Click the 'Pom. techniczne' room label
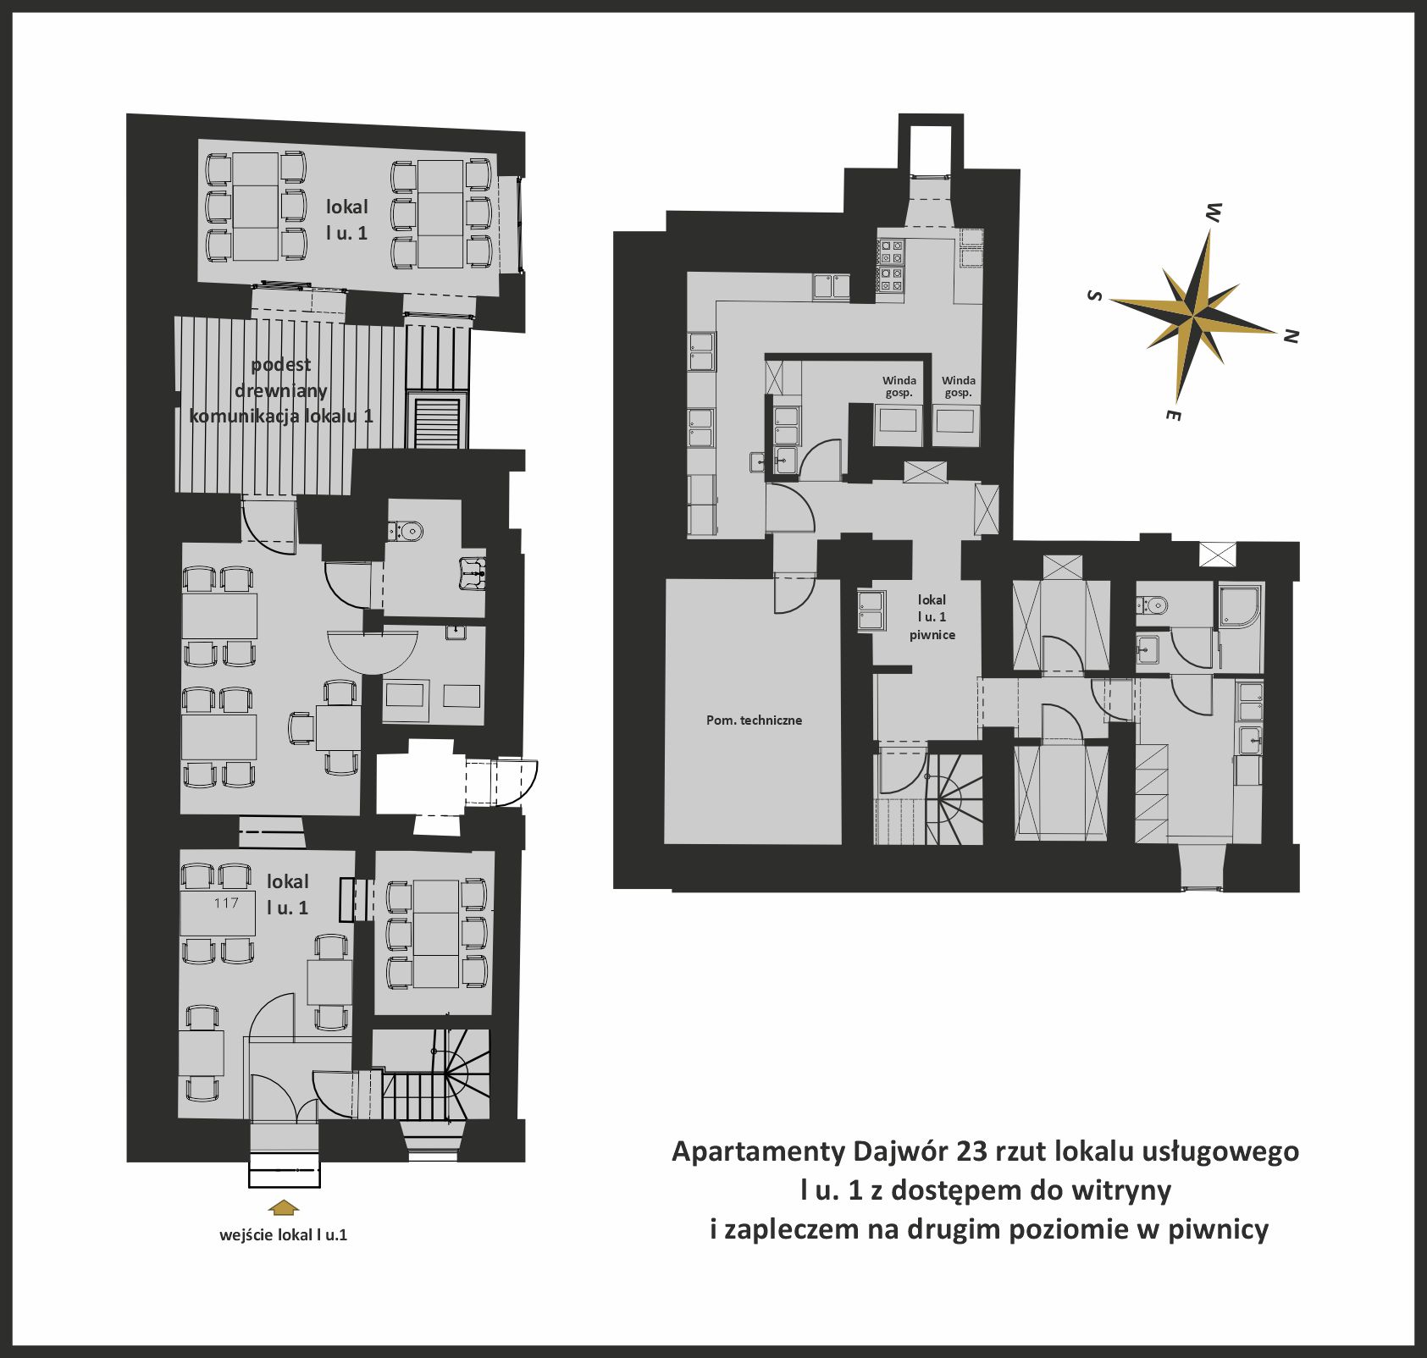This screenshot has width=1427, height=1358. coord(754,720)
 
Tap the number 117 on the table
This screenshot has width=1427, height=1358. coord(226,903)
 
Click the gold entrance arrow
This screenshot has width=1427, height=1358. coord(283,1207)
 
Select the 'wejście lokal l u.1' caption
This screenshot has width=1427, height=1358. coord(283,1234)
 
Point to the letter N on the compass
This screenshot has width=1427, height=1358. coord(1291,336)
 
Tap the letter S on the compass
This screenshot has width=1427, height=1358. coord(1094,295)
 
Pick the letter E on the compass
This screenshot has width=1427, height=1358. coord(1173,415)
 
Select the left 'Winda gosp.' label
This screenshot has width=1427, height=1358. coord(899,387)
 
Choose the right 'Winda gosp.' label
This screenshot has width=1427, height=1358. coord(959,387)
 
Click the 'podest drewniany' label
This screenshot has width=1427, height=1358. coord(281,378)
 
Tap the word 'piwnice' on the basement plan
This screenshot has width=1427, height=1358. coord(932,635)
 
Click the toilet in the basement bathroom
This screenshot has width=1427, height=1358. coord(1153,604)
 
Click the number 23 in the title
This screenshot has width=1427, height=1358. coord(971,1152)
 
